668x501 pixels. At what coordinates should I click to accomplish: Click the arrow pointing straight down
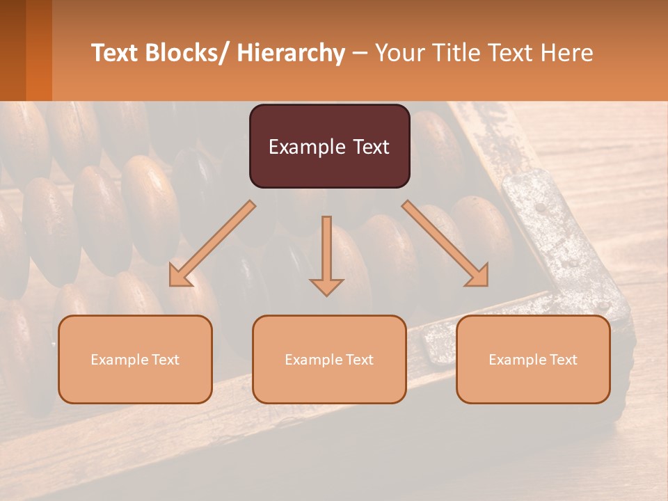[x=326, y=254]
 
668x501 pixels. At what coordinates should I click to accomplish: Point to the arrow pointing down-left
[x=212, y=243]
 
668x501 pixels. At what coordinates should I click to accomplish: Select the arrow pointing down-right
[x=445, y=243]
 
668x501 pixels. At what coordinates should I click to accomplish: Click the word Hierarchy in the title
[x=291, y=53]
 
